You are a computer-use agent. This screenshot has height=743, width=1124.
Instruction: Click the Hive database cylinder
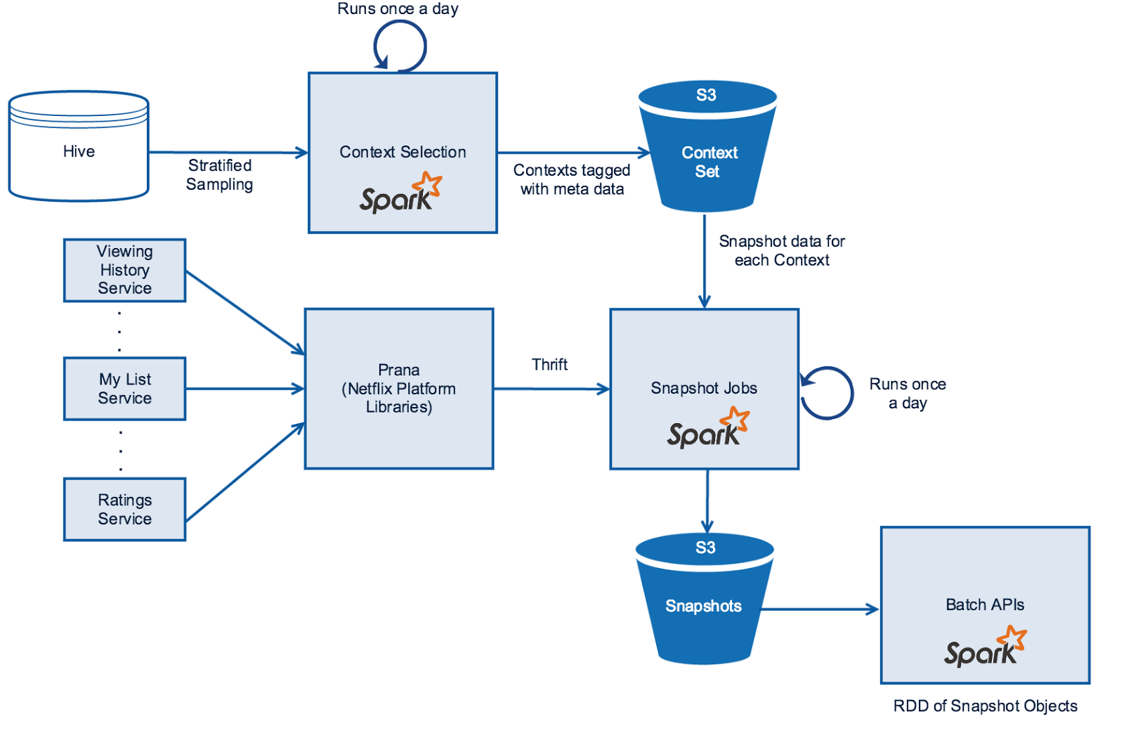click(x=79, y=146)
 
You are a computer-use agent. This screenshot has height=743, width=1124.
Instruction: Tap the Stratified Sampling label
click(x=219, y=175)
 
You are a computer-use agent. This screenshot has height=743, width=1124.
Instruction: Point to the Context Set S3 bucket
click(x=707, y=148)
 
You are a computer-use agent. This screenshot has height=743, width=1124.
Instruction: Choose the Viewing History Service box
click(x=124, y=270)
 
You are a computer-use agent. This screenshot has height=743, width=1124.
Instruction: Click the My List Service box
click(x=124, y=389)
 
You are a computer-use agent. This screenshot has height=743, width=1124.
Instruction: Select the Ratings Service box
click(x=124, y=510)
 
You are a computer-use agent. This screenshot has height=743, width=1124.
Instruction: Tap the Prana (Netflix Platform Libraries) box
click(x=399, y=389)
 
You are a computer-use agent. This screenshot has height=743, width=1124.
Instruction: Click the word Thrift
click(x=549, y=365)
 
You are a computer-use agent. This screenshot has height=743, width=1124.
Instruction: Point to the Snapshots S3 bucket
click(x=704, y=601)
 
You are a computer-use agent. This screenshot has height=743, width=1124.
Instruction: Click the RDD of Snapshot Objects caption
click(x=985, y=706)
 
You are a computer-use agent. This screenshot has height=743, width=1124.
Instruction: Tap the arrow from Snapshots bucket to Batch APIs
click(x=819, y=609)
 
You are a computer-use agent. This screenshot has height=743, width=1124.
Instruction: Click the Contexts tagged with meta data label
click(x=572, y=179)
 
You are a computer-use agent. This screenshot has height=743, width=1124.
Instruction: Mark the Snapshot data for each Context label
click(x=782, y=251)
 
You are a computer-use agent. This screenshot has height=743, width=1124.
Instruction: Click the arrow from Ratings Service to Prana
click(x=244, y=472)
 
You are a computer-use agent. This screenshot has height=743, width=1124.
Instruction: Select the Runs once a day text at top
click(x=398, y=9)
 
